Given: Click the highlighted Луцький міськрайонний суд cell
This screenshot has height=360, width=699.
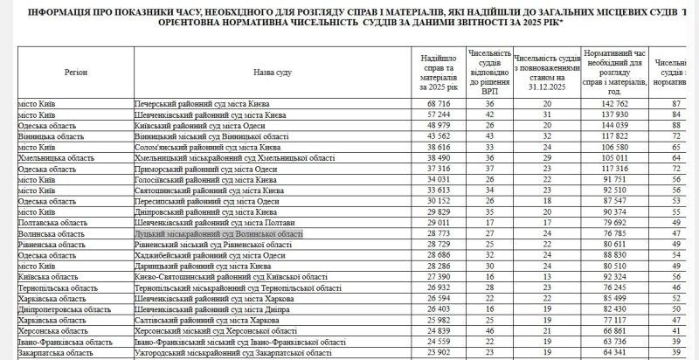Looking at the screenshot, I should tap(218, 235).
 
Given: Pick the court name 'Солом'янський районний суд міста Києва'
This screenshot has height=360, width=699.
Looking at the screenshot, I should tap(208, 148).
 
